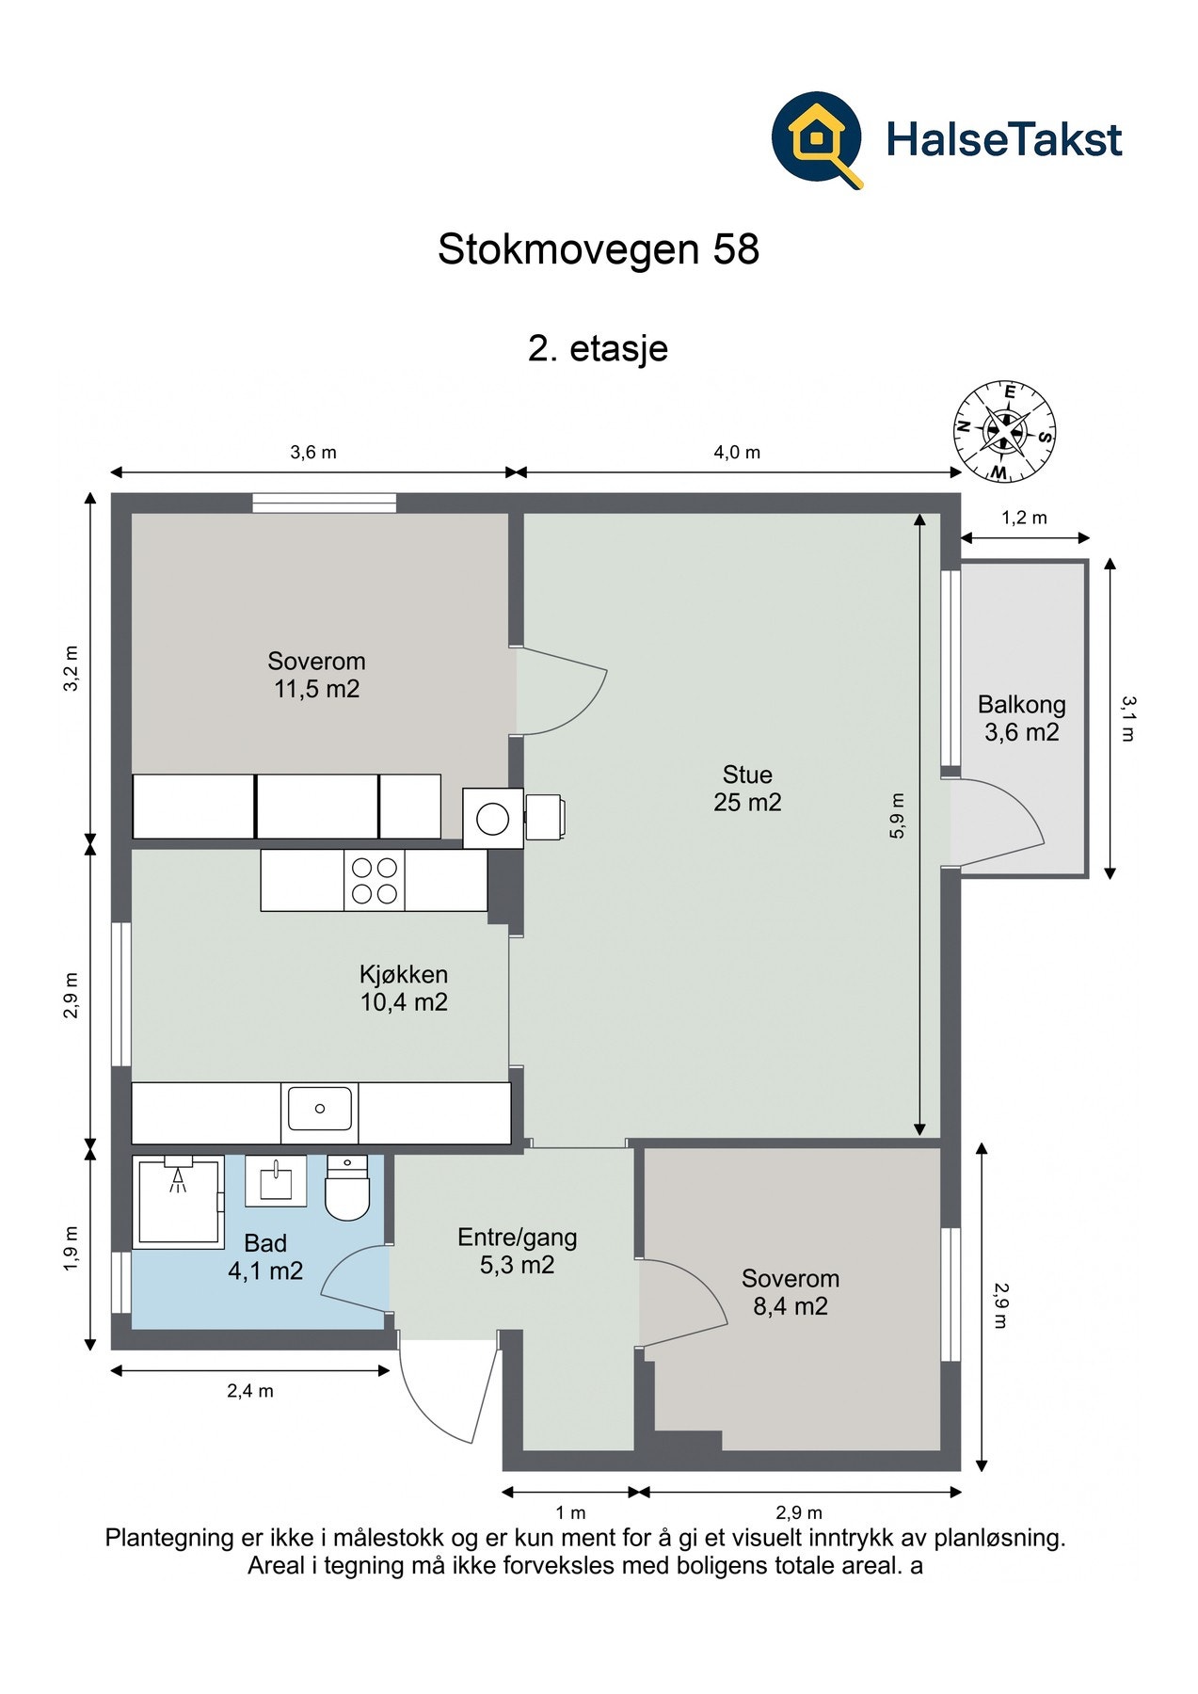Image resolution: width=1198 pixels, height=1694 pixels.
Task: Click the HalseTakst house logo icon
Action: point(817,139)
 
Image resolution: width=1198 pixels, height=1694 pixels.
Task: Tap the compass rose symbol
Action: point(1004,432)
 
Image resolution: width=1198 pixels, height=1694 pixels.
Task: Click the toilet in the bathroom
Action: point(347,1188)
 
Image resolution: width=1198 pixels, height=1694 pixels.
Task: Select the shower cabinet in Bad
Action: point(178,1202)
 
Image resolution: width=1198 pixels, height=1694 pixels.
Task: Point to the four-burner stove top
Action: point(375,881)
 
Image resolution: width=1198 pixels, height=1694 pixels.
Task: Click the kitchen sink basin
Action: point(320,1109)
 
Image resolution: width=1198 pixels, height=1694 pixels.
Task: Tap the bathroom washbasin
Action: point(276,1180)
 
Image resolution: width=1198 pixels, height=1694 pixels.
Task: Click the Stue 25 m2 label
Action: point(747,789)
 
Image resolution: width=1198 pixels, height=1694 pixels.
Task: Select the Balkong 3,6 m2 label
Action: point(1022,718)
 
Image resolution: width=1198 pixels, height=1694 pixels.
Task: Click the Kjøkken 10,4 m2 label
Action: point(404,988)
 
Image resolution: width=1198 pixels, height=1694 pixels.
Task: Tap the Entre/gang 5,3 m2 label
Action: point(518,1252)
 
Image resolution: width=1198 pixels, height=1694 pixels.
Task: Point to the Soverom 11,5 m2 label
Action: point(316,675)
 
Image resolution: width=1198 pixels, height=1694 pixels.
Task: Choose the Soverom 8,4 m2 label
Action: point(791,1292)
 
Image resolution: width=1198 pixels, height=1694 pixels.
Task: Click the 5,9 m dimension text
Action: point(897,815)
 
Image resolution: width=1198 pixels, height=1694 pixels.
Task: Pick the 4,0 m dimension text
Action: point(737,453)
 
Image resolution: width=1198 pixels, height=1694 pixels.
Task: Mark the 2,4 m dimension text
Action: point(250,1391)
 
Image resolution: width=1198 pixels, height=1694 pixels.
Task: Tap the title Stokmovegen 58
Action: point(599,249)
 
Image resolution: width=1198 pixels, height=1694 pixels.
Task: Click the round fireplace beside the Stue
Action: point(493,818)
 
